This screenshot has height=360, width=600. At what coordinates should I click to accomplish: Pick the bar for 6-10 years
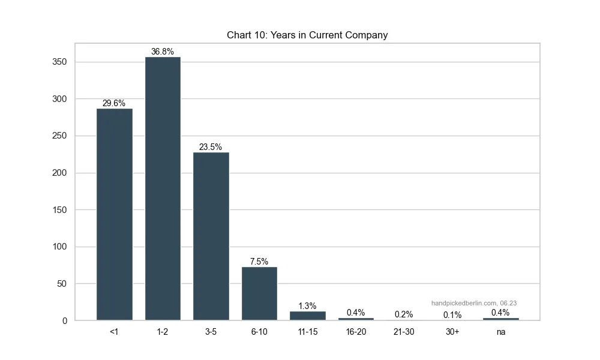(259, 293)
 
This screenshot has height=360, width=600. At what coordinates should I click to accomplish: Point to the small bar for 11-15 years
(307, 316)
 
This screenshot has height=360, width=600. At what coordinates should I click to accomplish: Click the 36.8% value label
(163, 52)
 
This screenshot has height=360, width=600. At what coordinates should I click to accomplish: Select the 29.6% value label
(114, 103)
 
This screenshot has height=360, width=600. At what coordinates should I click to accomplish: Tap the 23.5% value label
(211, 147)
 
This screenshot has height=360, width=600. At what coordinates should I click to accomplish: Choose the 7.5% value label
(259, 262)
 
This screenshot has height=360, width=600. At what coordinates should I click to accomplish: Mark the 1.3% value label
(307, 306)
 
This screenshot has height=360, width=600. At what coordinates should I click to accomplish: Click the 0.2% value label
(404, 314)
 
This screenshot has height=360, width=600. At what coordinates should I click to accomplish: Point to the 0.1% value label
(452, 315)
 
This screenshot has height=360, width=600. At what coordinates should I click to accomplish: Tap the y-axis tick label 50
(61, 284)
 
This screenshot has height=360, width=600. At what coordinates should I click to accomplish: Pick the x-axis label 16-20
(356, 332)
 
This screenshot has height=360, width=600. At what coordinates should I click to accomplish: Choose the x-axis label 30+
(452, 332)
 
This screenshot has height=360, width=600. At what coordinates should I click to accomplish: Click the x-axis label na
(501, 332)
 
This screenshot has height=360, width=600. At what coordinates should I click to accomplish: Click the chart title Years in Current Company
(307, 35)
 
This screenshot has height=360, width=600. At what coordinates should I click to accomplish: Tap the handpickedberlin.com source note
(473, 303)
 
